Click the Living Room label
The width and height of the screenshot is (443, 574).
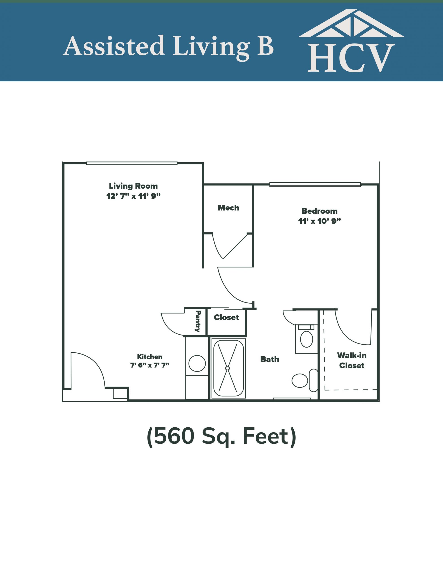(133, 186)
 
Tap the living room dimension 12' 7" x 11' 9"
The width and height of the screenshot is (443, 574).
(133, 196)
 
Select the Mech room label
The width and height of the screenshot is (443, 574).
(228, 208)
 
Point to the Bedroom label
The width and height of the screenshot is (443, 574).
(319, 211)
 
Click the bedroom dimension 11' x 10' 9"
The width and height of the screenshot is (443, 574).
(319, 221)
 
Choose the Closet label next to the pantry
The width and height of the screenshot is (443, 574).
(226, 317)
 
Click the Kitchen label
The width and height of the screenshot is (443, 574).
(150, 357)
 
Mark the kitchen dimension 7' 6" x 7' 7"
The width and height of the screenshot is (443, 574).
(150, 365)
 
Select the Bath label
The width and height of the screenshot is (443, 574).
(270, 359)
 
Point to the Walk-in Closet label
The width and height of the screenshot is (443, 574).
(352, 360)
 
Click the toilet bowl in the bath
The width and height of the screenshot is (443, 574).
(300, 380)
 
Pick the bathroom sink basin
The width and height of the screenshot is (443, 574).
(306, 339)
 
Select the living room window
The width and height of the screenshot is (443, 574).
(132, 163)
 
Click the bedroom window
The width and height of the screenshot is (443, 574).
(315, 185)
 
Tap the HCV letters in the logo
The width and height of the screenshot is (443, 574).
(351, 58)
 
